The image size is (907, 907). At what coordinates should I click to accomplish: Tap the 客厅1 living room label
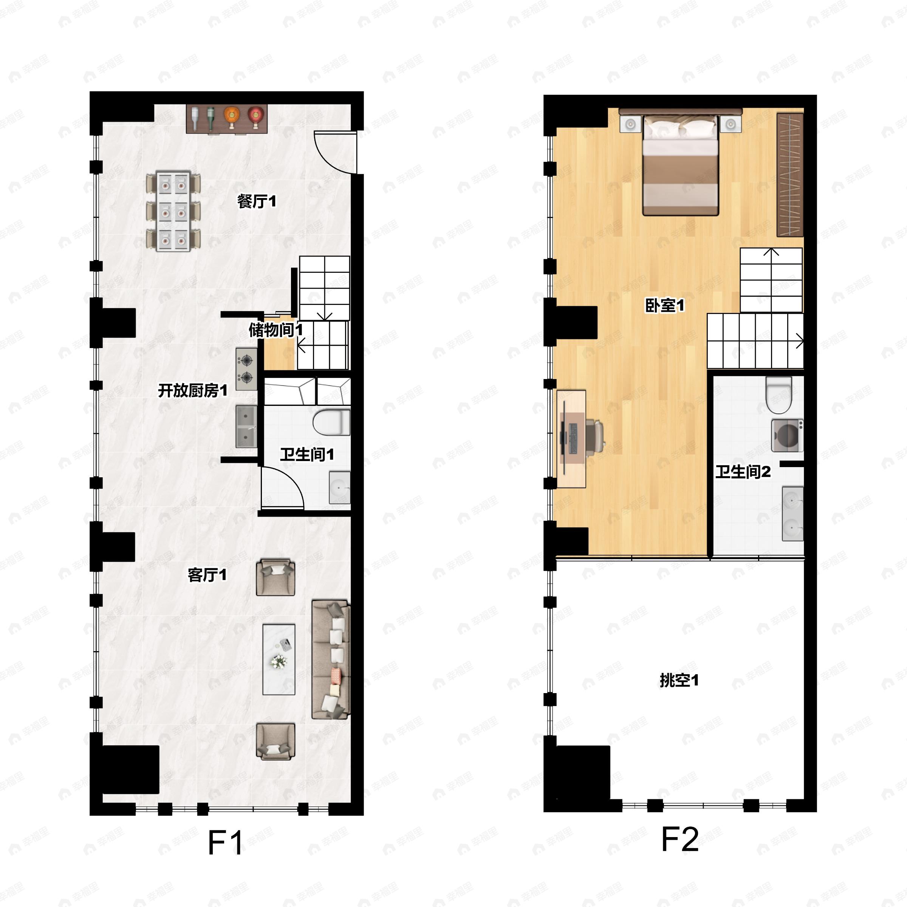tap(207, 574)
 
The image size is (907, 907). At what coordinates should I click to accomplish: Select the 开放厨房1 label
tap(192, 390)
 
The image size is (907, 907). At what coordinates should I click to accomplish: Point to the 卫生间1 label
tap(307, 454)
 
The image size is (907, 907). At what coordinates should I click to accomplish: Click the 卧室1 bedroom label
tap(665, 306)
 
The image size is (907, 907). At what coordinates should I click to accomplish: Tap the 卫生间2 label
tap(743, 471)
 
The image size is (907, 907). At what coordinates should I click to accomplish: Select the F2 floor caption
tap(680, 839)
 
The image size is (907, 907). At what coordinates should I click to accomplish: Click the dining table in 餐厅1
tap(173, 211)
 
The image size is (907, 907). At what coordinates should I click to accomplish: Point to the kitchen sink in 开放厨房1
tap(246, 426)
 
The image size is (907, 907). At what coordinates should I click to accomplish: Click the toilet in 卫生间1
tap(332, 422)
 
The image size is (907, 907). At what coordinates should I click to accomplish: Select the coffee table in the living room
tap(279, 659)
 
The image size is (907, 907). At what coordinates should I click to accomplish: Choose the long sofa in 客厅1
tap(331, 659)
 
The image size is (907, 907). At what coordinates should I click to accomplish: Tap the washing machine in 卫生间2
tap(787, 435)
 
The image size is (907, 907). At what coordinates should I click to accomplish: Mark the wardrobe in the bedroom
tap(790, 175)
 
